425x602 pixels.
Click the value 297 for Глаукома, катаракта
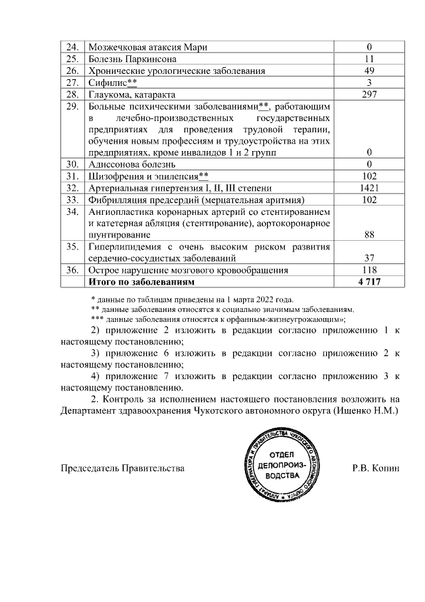click(369, 94)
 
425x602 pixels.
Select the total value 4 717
click(369, 282)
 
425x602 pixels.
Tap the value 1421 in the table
click(369, 188)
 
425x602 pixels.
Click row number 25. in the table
click(73, 59)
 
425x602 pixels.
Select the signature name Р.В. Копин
click(376, 468)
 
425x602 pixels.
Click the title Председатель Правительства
click(122, 468)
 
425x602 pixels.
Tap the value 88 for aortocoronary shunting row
click(369, 234)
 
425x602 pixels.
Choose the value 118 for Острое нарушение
click(369, 270)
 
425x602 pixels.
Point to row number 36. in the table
click(73, 270)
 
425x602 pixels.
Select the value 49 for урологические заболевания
click(369, 71)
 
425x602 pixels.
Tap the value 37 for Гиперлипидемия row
click(369, 258)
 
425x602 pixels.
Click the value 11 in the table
click(369, 59)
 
